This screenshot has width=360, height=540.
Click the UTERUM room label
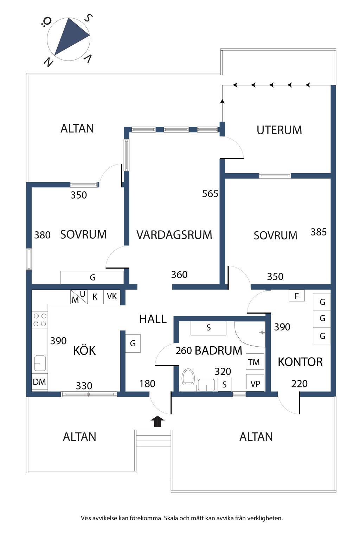279,130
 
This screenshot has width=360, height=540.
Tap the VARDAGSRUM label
174,235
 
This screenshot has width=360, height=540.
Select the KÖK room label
84,351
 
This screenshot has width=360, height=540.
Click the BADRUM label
218,351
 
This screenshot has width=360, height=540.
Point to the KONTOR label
300,362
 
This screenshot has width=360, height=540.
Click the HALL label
153,319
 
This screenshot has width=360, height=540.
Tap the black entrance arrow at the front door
157,421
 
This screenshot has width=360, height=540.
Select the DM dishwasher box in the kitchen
39,382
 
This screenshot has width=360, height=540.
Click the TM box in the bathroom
254,362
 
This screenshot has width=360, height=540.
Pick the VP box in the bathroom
255,384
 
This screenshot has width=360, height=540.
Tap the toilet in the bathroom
188,380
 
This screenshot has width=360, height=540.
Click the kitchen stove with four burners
40,320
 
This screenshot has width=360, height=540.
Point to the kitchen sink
40,363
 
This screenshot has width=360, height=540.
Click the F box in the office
297,296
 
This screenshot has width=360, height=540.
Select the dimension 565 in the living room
210,194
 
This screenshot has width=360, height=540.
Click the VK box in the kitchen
112,296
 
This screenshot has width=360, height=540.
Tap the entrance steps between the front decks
154,438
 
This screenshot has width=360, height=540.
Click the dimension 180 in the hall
147,384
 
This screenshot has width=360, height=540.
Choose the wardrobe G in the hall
133,343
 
